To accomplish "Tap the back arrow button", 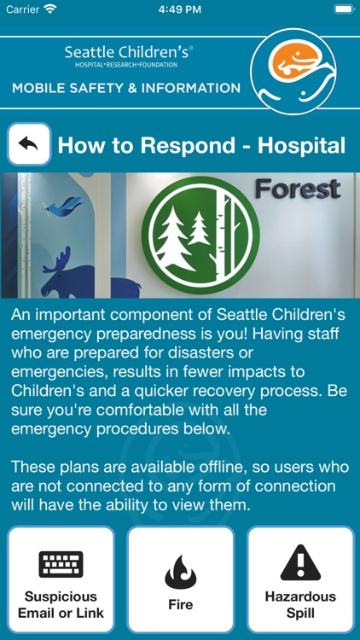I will point(29,144).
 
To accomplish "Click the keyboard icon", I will point(61,564).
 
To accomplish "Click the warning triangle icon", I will point(299,563).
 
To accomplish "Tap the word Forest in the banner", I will point(297,189).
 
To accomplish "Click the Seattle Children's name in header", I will point(129,53).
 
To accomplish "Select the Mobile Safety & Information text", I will point(126,88).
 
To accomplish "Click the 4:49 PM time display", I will point(179,9).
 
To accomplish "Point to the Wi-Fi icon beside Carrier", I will point(50,9).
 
